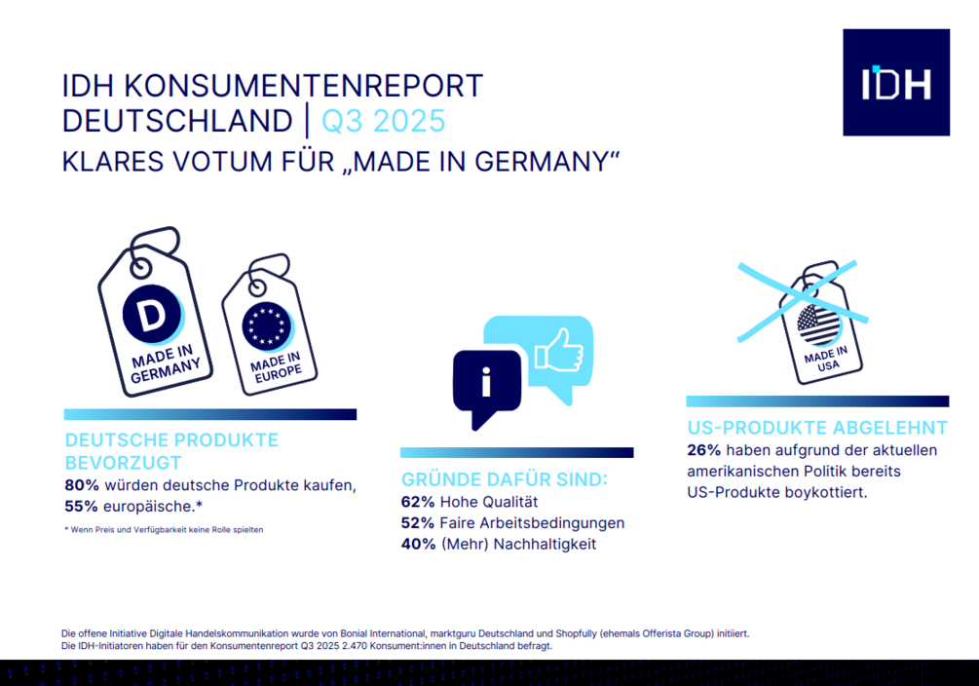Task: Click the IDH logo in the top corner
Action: pyautogui.click(x=895, y=83)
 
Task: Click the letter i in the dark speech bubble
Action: pyautogui.click(x=486, y=384)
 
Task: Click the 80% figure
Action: pyautogui.click(x=82, y=486)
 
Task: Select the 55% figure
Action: pyautogui.click(x=82, y=507)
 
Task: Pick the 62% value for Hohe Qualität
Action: pyautogui.click(x=419, y=503)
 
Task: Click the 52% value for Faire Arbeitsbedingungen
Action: pyautogui.click(x=419, y=523)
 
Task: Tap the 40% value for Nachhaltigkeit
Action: pyautogui.click(x=419, y=544)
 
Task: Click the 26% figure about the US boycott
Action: pyautogui.click(x=704, y=450)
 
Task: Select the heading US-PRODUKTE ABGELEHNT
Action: pyautogui.click(x=816, y=428)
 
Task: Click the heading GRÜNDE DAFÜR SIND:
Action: pyautogui.click(x=505, y=479)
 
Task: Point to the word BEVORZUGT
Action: pyautogui.click(x=123, y=462)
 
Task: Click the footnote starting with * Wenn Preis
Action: pyautogui.click(x=164, y=529)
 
